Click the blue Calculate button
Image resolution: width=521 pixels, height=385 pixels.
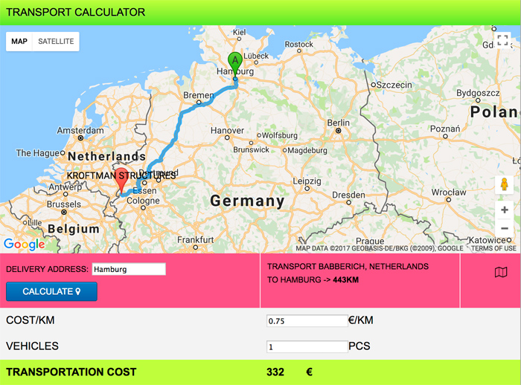pyautogui.click(x=51, y=291)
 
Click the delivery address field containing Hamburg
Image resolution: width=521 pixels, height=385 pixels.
pyautogui.click(x=128, y=269)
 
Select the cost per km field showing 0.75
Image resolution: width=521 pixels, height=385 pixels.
pyautogui.click(x=306, y=321)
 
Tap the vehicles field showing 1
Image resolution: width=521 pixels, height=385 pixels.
pyautogui.click(x=306, y=346)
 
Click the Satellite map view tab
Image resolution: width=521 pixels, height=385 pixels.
pyautogui.click(x=56, y=42)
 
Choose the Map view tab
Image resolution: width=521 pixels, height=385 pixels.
pyautogui.click(x=19, y=42)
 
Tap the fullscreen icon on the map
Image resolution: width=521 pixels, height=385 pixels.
pyautogui.click(x=504, y=42)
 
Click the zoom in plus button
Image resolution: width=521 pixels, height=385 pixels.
pyautogui.click(x=505, y=210)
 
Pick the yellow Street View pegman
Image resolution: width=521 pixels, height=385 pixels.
pyautogui.click(x=505, y=185)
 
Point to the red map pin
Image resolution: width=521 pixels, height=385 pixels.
pyautogui.click(x=122, y=179)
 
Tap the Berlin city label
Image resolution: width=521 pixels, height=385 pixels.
pyautogui.click(x=338, y=123)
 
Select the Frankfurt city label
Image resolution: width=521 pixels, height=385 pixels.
pyautogui.click(x=196, y=239)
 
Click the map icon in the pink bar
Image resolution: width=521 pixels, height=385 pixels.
pyautogui.click(x=500, y=273)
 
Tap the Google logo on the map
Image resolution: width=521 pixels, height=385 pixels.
pyautogui.click(x=24, y=244)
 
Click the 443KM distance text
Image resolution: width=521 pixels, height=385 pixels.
pyautogui.click(x=346, y=280)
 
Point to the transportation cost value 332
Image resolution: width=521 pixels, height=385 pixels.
pyautogui.click(x=275, y=372)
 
